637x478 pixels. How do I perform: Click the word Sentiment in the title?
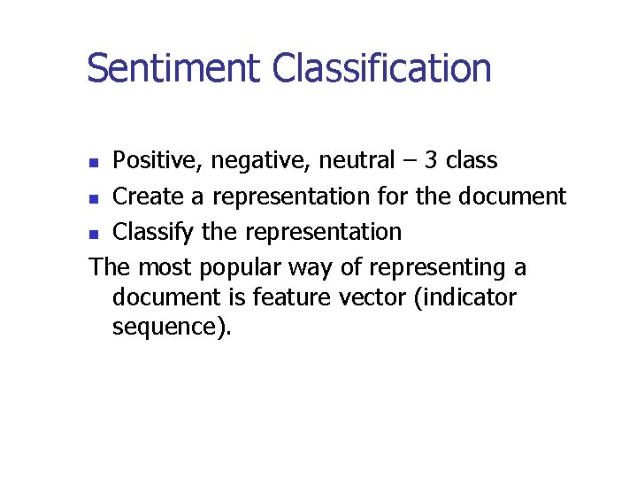pos(173,68)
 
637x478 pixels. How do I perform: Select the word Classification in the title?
pos(381,68)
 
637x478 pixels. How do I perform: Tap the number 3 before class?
pos(431,160)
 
